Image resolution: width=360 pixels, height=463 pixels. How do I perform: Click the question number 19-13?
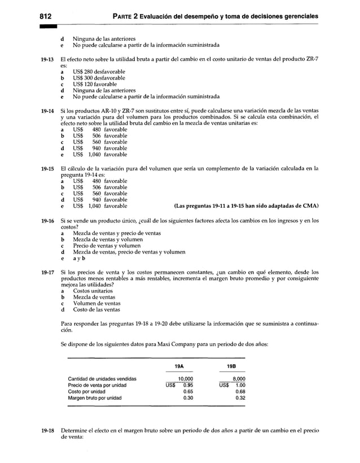46,60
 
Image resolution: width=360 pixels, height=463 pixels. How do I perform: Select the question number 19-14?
46,111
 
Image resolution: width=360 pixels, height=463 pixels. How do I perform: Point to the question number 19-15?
46,169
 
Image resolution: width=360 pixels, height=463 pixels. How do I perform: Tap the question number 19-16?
46,221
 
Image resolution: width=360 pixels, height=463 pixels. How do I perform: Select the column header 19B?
231,366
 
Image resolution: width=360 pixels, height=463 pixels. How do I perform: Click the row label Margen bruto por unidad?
95,398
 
